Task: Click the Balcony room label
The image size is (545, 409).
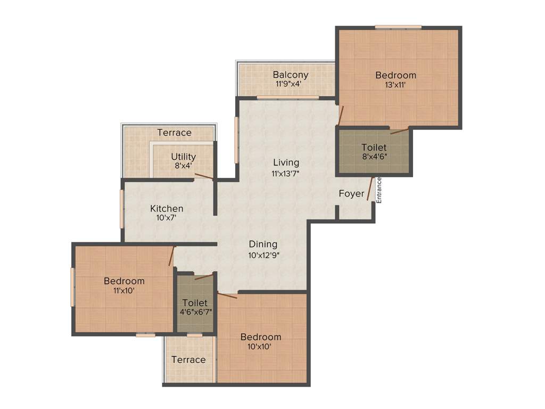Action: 290,75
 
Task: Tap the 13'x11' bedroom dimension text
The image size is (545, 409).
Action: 395,85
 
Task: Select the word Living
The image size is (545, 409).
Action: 286,162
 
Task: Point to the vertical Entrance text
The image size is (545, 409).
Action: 379,190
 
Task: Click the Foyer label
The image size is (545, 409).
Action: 351,194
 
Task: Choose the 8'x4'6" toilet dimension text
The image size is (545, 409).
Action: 374,157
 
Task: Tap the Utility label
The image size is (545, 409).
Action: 183,157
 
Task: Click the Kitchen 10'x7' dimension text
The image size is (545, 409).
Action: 167,218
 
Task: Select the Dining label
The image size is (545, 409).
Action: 263,244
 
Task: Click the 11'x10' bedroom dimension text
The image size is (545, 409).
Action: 123,290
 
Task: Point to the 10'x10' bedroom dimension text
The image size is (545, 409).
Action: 260,347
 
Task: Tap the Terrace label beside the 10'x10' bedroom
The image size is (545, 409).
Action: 188,360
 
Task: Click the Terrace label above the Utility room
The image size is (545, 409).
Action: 174,133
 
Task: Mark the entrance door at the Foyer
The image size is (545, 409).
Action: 370,190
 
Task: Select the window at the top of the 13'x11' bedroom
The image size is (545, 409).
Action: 398,27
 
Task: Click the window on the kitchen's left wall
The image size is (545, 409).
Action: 122,209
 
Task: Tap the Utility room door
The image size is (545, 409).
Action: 204,176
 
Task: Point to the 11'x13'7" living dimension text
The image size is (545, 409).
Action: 286,173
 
